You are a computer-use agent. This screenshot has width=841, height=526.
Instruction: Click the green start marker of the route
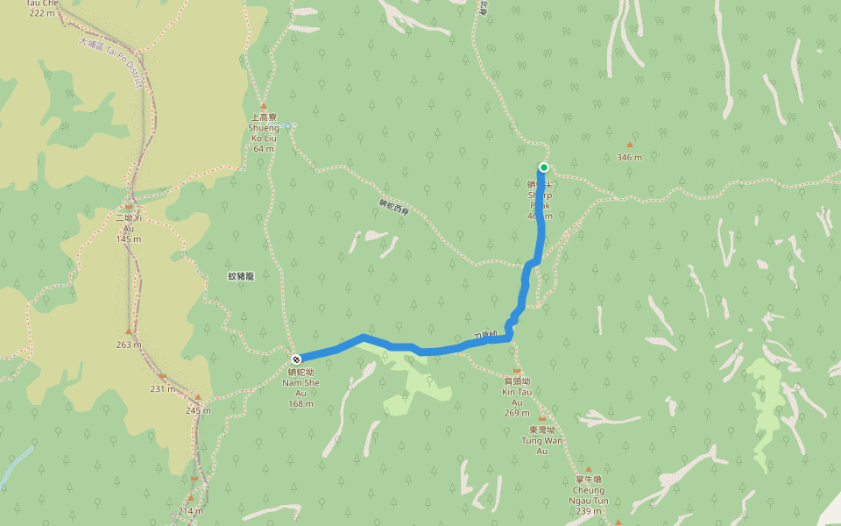[544, 167]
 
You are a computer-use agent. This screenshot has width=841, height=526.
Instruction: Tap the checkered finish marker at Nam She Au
[297, 359]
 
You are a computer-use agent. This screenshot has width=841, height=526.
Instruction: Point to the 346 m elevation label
[629, 158]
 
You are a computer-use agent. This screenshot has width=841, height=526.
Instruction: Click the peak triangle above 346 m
[629, 145]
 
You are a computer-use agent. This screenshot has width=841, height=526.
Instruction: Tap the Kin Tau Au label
[517, 392]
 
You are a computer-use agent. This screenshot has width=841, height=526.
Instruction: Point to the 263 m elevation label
[129, 345]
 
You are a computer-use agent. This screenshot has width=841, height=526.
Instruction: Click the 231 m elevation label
[162, 388]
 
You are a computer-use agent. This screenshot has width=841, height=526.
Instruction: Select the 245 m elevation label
[198, 410]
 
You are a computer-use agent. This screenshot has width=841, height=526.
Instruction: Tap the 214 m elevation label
[190, 511]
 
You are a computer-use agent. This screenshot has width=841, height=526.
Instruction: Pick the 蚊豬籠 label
[241, 276]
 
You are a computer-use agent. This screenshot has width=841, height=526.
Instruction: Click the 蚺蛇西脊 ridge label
[394, 207]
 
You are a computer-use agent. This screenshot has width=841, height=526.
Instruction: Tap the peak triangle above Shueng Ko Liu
[263, 106]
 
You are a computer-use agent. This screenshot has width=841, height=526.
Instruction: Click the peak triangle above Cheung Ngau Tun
[589, 469]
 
